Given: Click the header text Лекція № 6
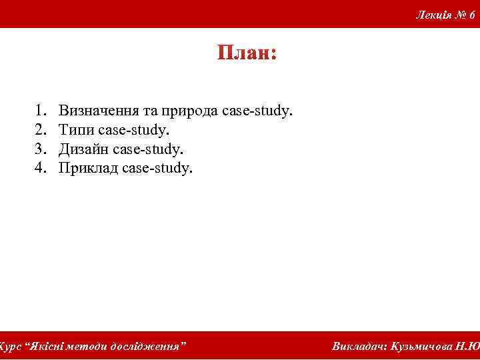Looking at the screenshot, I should coord(445,15).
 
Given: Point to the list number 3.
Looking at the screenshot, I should coord(41,148).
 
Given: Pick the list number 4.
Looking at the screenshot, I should coord(41,167).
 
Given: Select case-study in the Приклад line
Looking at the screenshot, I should coord(157,167).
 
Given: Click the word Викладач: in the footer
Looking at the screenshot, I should coord(360,347).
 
